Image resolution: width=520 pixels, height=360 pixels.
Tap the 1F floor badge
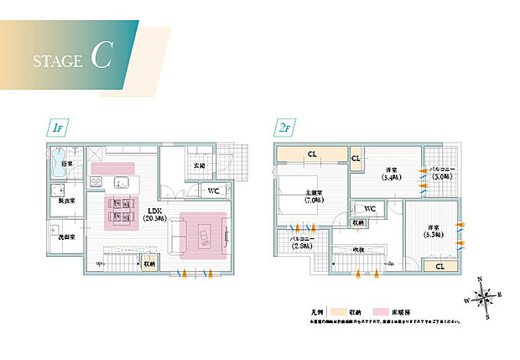58,129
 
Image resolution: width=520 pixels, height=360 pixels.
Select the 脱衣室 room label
65,201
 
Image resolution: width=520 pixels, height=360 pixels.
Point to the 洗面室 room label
66,237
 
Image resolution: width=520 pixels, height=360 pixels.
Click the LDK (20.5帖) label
154,214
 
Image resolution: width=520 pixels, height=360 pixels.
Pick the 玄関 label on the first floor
200,166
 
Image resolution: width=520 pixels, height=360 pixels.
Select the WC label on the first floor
215,190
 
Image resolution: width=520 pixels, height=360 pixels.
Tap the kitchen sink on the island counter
122,183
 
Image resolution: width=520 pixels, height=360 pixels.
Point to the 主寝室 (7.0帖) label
315,198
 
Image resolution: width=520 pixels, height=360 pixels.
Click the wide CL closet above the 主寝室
311,154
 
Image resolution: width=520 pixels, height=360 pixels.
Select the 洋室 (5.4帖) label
389,172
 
